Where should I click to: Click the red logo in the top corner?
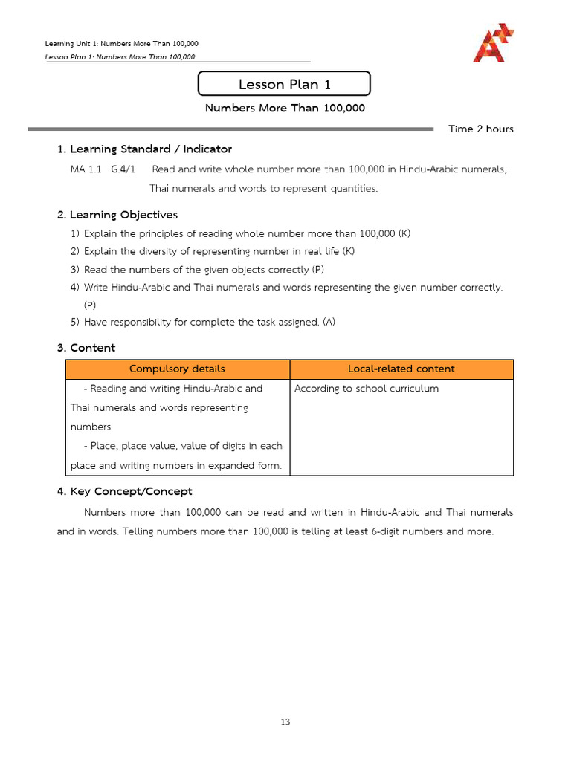click(493, 43)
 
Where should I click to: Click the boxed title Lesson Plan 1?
click(284, 84)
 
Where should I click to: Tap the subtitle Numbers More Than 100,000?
click(285, 108)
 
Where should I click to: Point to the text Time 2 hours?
click(480, 129)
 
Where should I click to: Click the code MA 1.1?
click(86, 169)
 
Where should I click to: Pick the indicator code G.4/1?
click(123, 169)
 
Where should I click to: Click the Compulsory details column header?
click(177, 369)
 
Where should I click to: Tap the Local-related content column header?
click(401, 369)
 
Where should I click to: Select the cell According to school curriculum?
click(367, 389)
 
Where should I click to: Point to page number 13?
click(285, 722)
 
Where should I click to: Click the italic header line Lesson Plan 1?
click(120, 56)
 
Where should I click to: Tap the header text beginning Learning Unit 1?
click(122, 44)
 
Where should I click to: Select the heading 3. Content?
click(86, 348)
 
